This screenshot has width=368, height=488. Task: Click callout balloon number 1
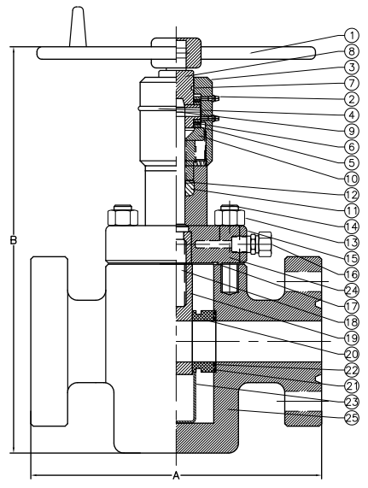tap(352, 36)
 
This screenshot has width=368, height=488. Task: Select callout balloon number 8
tap(352, 51)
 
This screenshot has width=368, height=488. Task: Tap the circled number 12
tap(352, 195)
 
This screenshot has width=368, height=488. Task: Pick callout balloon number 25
tap(352, 418)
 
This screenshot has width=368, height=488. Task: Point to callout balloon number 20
tap(352, 354)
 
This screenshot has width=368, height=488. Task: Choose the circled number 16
tap(352, 274)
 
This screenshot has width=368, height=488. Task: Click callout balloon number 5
tap(352, 162)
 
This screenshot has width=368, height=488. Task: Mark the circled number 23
tap(352, 402)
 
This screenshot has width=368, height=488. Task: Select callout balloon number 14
tap(352, 226)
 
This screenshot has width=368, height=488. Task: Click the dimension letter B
tap(13, 240)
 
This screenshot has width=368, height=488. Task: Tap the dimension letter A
tap(176, 475)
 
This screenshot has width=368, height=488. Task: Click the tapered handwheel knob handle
tap(78, 27)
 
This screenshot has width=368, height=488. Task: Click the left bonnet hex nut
tap(122, 215)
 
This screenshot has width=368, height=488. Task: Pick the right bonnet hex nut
tap(230, 215)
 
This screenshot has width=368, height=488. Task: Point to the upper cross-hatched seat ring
tap(204, 315)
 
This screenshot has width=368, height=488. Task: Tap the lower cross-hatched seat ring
tap(204, 367)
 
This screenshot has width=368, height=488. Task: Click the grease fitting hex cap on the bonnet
tap(265, 244)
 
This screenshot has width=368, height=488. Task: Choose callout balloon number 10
tap(352, 179)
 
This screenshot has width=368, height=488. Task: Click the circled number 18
tap(352, 322)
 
